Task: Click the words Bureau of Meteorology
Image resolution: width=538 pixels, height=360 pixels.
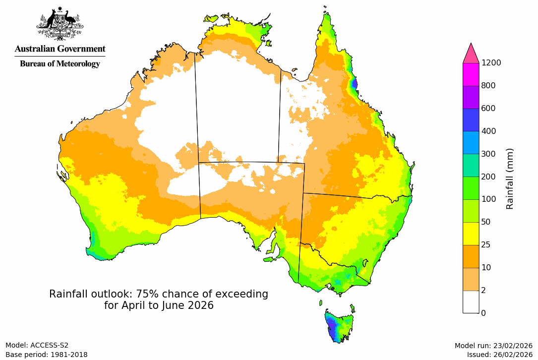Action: pyautogui.click(x=60, y=63)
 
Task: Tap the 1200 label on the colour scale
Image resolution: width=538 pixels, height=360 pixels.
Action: pyautogui.click(x=491, y=62)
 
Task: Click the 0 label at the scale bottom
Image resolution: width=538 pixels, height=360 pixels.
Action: pyautogui.click(x=483, y=312)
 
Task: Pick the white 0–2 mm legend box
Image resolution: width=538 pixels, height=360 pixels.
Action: pyautogui.click(x=471, y=301)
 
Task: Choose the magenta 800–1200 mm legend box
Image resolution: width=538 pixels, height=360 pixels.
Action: pyautogui.click(x=471, y=74)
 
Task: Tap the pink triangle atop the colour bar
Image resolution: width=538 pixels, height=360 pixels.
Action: pyautogui.click(x=471, y=53)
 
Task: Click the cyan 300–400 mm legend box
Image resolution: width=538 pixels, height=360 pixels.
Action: pyautogui.click(x=471, y=142)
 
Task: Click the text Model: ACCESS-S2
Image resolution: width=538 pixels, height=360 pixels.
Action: pyautogui.click(x=37, y=345)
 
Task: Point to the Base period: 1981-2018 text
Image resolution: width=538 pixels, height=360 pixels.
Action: pyautogui.click(x=47, y=355)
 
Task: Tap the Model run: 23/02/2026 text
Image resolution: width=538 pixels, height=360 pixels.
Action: pyautogui.click(x=493, y=345)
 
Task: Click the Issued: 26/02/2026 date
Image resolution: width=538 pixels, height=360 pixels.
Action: pyautogui.click(x=499, y=355)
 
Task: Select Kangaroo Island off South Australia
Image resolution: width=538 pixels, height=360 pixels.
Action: pyautogui.click(x=269, y=259)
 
